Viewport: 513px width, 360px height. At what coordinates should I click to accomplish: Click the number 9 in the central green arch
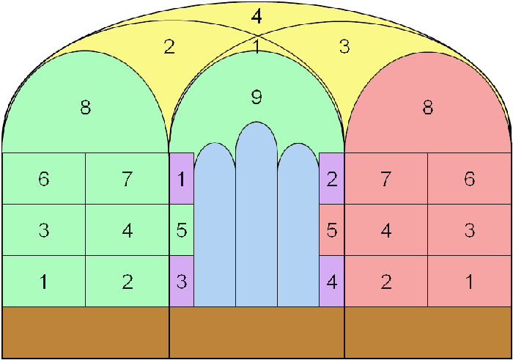pos(256,97)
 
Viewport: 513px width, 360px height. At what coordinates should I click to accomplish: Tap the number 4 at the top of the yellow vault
pos(256,16)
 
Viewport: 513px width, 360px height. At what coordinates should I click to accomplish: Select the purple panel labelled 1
pos(182,178)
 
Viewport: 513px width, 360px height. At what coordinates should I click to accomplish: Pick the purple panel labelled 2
pos(332,178)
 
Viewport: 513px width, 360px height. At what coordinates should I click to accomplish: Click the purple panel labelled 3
pos(182,281)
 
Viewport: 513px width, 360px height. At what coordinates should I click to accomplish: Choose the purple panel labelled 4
pos(332,281)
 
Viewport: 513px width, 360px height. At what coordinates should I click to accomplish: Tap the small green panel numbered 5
pos(182,229)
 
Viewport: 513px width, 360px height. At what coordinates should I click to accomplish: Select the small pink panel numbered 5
pos(332,229)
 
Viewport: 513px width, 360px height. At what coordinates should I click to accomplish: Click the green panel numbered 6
pos(44,178)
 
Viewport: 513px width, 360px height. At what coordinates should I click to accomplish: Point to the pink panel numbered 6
pos(469,178)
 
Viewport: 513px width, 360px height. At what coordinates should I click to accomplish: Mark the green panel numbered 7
pos(128,178)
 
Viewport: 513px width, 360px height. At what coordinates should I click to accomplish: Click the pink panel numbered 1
pos(469,281)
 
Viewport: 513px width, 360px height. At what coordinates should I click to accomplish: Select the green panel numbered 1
pos(44,281)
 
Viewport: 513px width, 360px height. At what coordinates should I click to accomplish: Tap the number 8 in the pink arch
pos(427,107)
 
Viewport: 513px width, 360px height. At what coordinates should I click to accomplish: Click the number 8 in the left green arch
pos(86,107)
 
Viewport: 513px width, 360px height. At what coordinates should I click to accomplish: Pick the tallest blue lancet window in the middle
pos(256,214)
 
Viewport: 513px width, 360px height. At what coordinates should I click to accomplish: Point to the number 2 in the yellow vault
pos(169,47)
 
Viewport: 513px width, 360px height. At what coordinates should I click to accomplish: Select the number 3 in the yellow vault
pos(344,46)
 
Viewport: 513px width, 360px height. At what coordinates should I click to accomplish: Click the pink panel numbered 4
pos(386,229)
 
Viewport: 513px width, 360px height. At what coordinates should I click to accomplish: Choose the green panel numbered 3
pos(44,229)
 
